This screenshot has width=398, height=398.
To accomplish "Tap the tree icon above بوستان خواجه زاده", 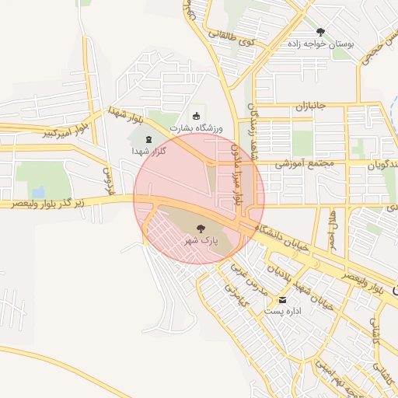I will [x=320, y=32].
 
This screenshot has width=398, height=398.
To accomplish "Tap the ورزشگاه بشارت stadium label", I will [x=197, y=127].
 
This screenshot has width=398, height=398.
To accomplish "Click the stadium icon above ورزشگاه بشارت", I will [x=195, y=114].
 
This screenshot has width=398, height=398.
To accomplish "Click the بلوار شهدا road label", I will [x=128, y=117].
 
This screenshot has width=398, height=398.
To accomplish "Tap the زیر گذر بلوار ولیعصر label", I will [x=54, y=202].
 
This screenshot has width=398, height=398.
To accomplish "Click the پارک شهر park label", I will [x=201, y=241].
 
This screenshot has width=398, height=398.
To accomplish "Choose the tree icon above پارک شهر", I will [x=201, y=229].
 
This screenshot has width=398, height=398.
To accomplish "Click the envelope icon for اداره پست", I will [x=281, y=298].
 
